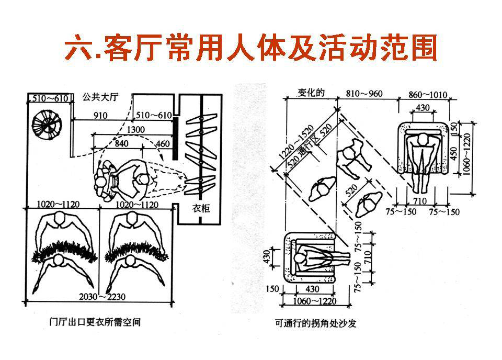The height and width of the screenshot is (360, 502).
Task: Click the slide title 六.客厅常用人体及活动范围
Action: tap(250, 48)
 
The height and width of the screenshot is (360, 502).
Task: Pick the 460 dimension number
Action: tap(162, 143)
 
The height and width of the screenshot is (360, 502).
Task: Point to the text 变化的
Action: tap(312, 93)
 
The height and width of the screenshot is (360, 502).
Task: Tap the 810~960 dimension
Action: tap(364, 94)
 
